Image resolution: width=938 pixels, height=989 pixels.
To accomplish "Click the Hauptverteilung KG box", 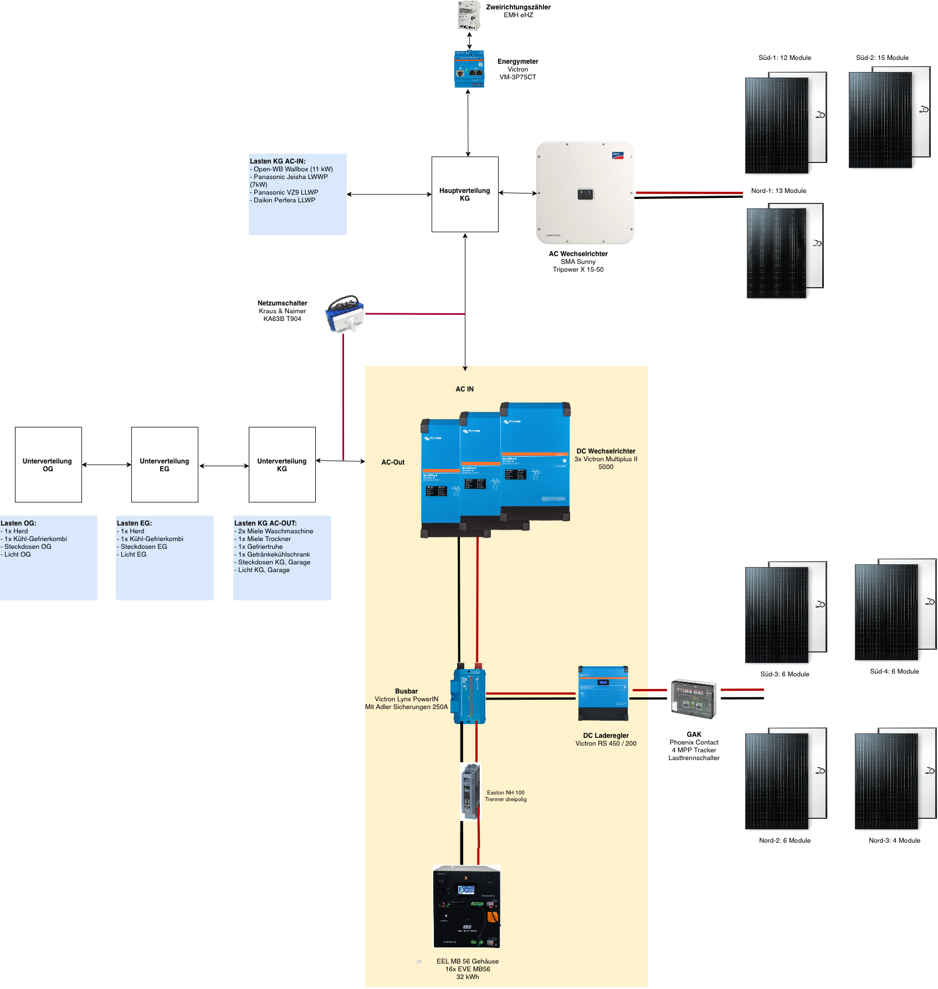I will [x=465, y=194].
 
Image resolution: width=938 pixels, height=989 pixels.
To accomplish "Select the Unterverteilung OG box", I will [x=48, y=465].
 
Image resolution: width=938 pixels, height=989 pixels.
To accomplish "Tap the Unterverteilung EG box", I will [x=165, y=465].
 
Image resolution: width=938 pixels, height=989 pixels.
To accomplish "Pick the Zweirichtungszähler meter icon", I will [x=469, y=16].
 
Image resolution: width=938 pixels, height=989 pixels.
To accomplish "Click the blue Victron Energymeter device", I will [x=469, y=69].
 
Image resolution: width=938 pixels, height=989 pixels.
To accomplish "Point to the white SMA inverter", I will [x=585, y=192].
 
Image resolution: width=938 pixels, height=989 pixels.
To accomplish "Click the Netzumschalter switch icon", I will [x=345, y=314].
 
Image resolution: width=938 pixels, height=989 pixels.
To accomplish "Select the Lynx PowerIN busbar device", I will [x=469, y=696].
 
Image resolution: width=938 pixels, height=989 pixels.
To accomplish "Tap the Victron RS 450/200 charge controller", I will [x=603, y=693].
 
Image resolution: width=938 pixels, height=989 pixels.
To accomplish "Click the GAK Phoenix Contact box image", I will [x=694, y=699].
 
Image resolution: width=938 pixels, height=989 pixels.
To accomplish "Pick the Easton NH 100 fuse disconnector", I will [x=470, y=792].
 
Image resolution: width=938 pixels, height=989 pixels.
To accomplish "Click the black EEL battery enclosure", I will [x=467, y=907].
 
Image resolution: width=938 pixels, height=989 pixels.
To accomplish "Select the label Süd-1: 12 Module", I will [x=785, y=58].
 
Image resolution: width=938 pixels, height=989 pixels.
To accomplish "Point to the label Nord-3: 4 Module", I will [x=894, y=840].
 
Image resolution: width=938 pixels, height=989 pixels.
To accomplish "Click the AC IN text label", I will [x=464, y=389].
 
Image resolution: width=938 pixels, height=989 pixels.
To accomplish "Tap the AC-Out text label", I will [x=393, y=462].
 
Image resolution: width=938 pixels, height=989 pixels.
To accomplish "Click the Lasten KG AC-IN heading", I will [x=278, y=161].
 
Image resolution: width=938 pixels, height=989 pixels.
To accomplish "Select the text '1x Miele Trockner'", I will [x=264, y=539].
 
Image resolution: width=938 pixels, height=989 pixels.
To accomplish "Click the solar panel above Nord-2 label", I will [x=785, y=779].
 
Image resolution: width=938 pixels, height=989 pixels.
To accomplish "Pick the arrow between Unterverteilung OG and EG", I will [x=106, y=465].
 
